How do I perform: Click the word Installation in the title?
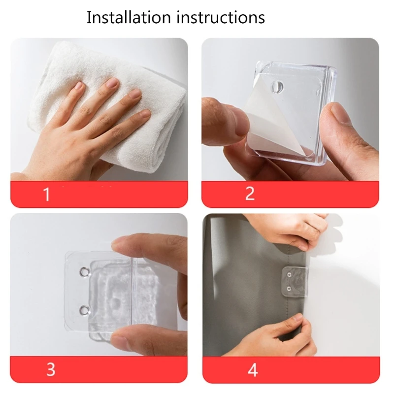pos(129,17)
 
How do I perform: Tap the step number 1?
pos(46,194)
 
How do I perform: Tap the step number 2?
pos(250,194)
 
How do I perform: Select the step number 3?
pos(51,369)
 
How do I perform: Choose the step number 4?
pos(253,370)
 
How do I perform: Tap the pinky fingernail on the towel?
pos(145,114)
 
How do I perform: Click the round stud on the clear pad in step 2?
pos(277,86)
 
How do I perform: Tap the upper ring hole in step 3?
pos(84,272)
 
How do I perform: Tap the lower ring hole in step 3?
pos(84,311)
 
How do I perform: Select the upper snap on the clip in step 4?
pos(289,274)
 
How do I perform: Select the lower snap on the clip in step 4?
pos(289,288)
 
